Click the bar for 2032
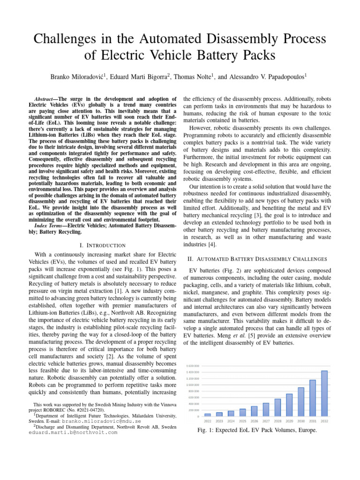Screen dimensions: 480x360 point(324,393)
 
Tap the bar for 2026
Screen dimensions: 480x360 point(255,411)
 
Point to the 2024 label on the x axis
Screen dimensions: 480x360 point(231,420)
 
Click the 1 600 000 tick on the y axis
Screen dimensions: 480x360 point(193,365)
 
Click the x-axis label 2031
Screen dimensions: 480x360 point(313,420)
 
